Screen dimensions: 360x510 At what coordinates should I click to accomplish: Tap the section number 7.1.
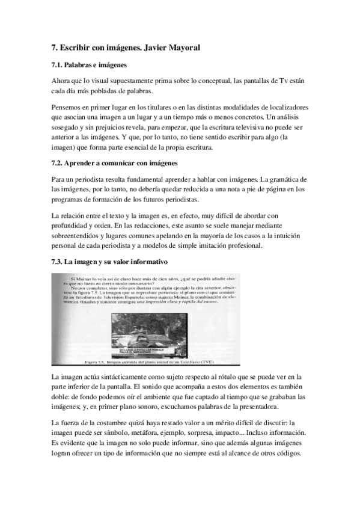[x=59, y=64]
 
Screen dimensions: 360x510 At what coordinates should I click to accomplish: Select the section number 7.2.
[x=59, y=163]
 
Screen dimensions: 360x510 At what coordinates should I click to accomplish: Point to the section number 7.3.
[x=59, y=262]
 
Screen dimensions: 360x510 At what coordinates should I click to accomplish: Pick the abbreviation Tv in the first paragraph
[x=286, y=81]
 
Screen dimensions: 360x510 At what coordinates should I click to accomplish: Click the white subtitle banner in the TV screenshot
[x=121, y=348]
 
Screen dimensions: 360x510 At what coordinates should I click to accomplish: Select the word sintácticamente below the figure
[x=123, y=375]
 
